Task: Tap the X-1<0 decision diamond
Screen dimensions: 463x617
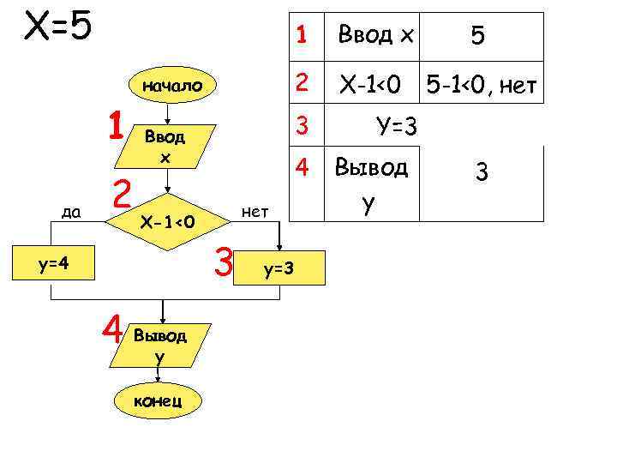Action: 169,223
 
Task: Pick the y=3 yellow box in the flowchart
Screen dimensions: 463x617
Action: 279,269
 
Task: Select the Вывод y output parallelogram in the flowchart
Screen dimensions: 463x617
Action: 159,343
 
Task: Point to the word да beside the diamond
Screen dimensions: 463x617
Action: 70,211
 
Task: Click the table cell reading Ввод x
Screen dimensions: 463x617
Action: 376,35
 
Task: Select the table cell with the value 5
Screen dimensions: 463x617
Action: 477,37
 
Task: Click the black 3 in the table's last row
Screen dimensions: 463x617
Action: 482,174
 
